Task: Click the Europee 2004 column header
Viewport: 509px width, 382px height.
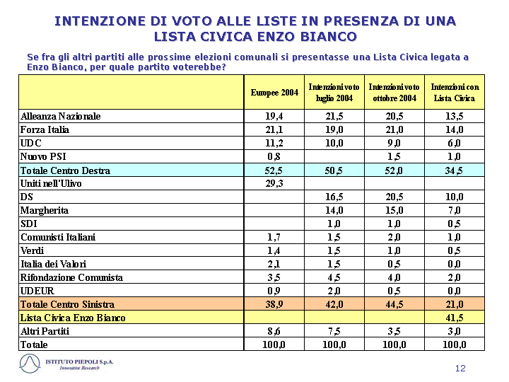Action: tap(274, 93)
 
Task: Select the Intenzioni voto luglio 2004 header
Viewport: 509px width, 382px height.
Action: tap(334, 93)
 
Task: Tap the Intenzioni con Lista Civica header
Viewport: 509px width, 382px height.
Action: tap(455, 93)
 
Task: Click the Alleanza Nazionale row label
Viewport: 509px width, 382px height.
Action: tap(60, 116)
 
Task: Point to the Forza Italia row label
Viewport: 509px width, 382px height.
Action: tap(45, 129)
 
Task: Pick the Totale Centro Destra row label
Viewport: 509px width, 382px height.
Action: tap(65, 170)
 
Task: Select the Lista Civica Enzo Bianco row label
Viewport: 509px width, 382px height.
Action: tap(73, 318)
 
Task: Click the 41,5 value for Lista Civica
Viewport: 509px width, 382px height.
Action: tap(455, 318)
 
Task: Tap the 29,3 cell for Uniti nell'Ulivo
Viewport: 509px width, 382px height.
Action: tap(274, 183)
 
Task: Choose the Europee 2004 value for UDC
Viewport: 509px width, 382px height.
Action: tap(274, 143)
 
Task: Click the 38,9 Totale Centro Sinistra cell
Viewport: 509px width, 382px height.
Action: tap(274, 304)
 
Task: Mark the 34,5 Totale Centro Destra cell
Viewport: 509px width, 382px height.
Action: tap(455, 170)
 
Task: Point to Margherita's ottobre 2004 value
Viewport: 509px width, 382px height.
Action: tap(394, 211)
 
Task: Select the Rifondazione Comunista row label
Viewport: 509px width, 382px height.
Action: tap(71, 277)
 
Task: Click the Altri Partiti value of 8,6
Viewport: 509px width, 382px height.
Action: tap(274, 331)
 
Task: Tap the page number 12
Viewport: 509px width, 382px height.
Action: tap(460, 368)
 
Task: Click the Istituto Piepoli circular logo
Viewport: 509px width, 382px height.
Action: tap(30, 364)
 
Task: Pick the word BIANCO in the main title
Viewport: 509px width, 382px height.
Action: tap(329, 36)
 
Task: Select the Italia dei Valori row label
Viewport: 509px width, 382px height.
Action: tap(54, 264)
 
